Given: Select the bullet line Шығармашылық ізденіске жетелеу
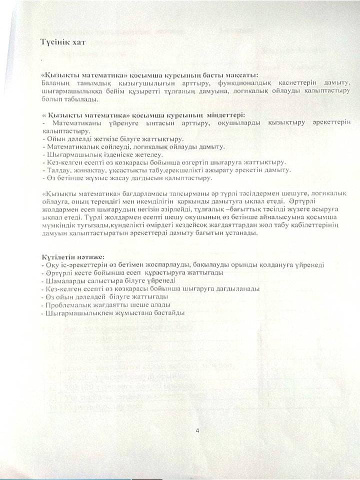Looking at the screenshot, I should pos(92,155).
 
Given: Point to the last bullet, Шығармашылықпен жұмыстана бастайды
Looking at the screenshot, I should pos(115,313).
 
